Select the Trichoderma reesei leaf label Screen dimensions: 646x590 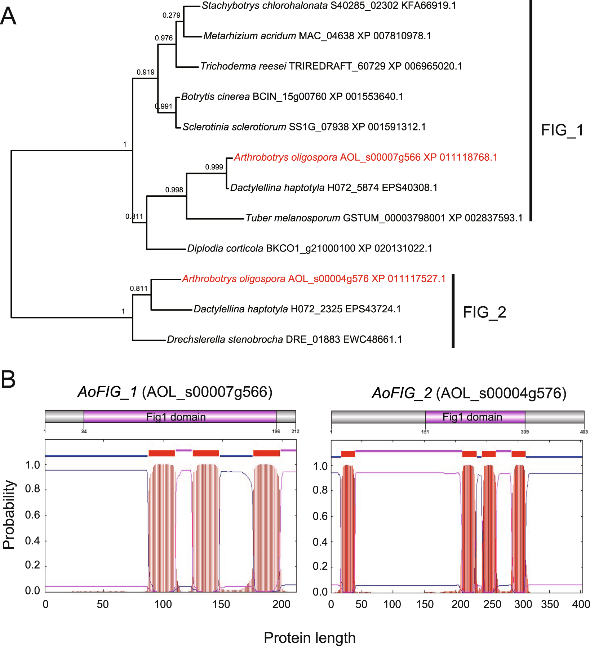[331, 66]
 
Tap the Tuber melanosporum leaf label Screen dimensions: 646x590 [384, 218]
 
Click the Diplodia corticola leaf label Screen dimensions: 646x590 [310, 248]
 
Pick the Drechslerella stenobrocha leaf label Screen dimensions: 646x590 [284, 339]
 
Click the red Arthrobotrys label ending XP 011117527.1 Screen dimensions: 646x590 [314, 279]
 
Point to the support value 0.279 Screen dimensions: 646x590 [171, 15]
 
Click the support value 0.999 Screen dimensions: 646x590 [214, 167]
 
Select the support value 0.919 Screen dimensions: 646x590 [145, 72]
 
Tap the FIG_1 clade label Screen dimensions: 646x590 [562, 130]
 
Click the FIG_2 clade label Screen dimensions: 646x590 [484, 312]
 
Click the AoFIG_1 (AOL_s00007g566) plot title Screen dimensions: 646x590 [175, 392]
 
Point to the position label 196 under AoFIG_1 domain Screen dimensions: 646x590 [276, 431]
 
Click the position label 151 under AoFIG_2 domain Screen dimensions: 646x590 [425, 432]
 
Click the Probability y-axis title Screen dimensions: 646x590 [9, 514]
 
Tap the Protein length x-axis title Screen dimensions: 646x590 [309, 637]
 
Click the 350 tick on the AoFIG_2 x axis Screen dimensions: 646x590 [550, 604]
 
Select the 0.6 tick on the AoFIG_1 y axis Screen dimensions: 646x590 [32, 515]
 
